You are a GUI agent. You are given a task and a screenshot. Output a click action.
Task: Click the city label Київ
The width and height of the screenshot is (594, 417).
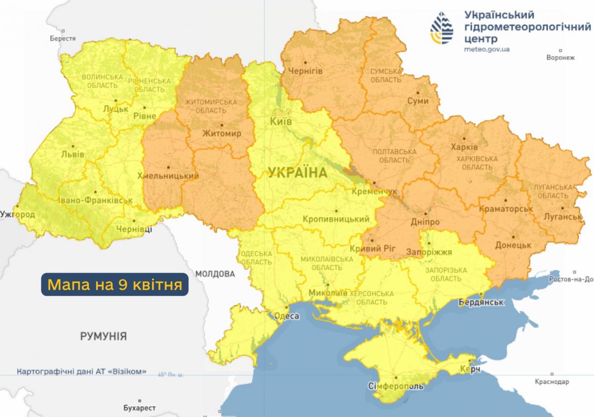(281, 121)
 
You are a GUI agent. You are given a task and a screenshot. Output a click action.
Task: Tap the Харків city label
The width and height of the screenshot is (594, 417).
(464, 147)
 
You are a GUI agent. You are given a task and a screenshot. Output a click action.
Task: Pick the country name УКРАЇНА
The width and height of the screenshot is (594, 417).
(297, 173)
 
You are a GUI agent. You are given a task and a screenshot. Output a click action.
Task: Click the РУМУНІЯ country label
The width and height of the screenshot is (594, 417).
(103, 336)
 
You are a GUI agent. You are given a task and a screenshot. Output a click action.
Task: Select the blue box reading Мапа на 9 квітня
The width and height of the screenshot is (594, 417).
(114, 285)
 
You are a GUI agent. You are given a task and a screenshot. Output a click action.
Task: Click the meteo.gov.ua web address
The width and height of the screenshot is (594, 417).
(487, 50)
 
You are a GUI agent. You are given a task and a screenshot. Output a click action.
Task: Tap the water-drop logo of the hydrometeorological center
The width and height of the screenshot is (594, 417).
(442, 29)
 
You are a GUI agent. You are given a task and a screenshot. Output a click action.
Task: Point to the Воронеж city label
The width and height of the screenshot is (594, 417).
(560, 57)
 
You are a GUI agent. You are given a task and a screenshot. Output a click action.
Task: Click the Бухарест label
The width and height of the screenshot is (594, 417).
(140, 408)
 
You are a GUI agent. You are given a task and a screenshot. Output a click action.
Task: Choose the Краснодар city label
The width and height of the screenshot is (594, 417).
(552, 382)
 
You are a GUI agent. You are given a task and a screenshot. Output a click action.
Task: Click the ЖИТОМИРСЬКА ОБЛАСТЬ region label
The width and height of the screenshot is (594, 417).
(211, 105)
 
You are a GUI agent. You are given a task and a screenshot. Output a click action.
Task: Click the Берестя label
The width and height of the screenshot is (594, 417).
(63, 38)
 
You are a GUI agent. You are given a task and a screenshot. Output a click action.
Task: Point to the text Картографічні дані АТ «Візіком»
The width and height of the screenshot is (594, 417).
(81, 371)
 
